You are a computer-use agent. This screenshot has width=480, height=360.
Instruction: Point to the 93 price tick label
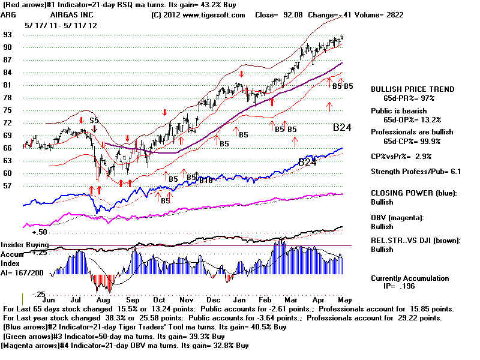[x=8, y=35]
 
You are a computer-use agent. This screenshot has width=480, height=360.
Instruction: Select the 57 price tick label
[x=8, y=186]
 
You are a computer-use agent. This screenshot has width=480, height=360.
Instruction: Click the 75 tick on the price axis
[x=8, y=110]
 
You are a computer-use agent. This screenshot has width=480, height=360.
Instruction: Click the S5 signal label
[x=94, y=120]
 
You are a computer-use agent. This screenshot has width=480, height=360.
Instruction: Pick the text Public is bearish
[x=399, y=110]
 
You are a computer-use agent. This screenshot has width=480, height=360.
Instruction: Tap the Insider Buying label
[x=23, y=245]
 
